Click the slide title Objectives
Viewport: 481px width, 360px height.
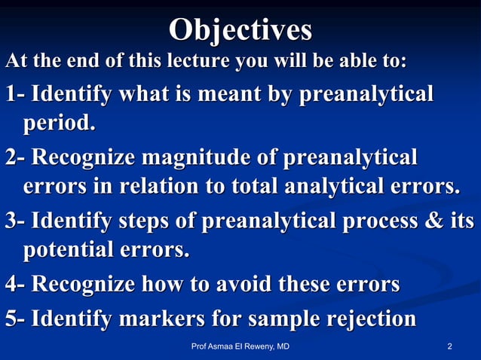(240, 30)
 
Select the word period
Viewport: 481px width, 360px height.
(60, 122)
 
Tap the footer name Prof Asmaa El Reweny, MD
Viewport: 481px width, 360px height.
(240, 346)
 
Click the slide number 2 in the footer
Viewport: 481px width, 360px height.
(449, 346)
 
